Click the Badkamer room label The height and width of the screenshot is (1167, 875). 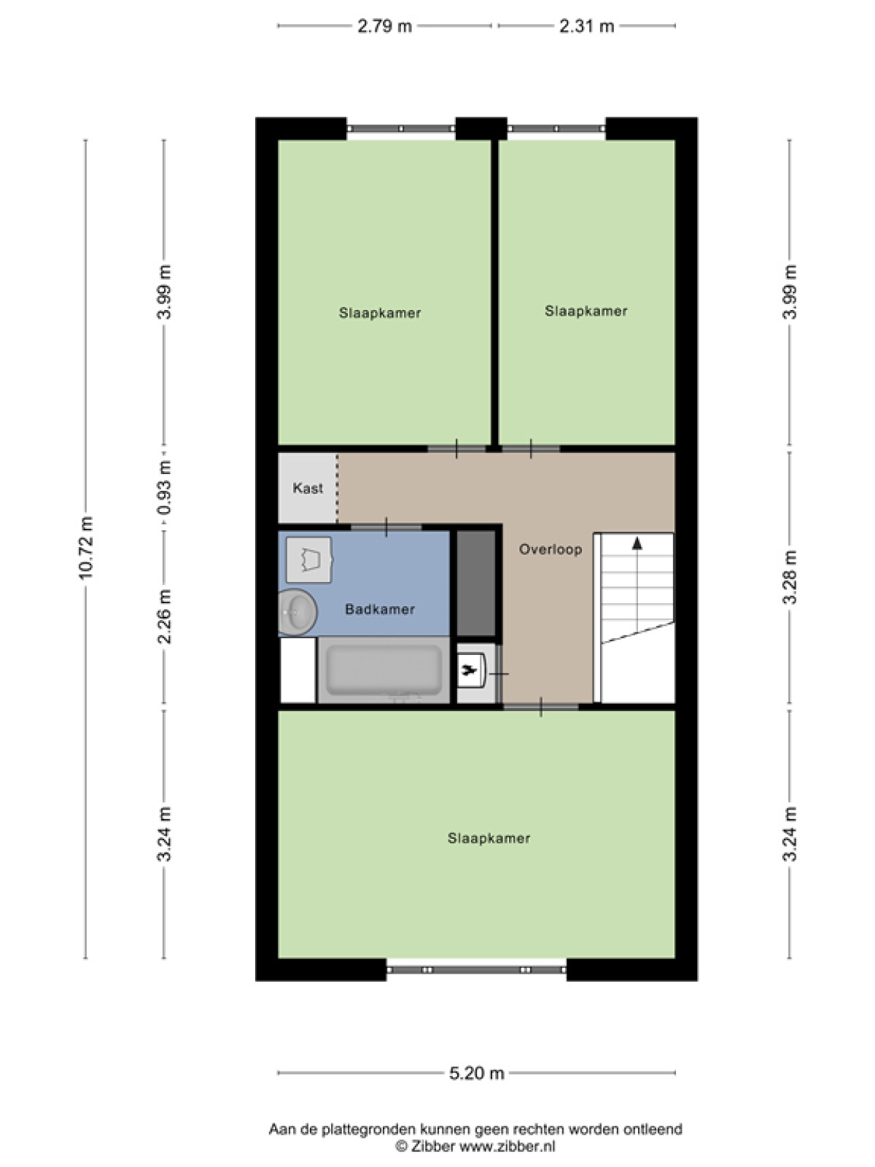(379, 609)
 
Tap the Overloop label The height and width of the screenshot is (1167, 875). (551, 549)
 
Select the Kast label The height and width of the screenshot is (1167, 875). (308, 488)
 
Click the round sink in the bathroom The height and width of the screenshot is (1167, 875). (297, 612)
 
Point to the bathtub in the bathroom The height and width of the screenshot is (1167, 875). (384, 670)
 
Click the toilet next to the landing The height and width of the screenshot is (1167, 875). (472, 672)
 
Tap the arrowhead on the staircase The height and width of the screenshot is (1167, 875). (637, 543)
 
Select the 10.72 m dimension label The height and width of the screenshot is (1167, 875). (85, 548)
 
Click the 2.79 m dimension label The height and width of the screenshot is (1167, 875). (385, 26)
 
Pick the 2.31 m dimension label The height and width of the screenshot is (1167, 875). (586, 26)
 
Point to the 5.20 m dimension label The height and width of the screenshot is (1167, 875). (477, 1073)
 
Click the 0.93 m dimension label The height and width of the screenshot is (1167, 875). (164, 487)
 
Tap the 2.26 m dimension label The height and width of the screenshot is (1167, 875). (164, 616)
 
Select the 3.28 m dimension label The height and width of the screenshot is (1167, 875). (790, 578)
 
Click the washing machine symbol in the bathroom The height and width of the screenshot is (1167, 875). (309, 560)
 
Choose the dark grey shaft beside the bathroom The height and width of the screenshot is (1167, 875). (476, 582)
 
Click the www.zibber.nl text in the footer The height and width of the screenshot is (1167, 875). (507, 1147)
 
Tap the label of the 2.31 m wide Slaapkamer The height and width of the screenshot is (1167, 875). (586, 311)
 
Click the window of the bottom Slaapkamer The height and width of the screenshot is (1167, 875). (476, 970)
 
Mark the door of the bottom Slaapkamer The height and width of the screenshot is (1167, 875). (541, 707)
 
